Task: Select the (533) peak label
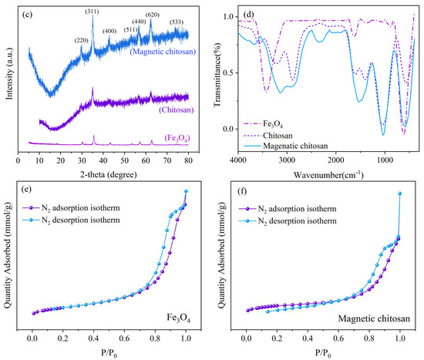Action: tap(177, 22)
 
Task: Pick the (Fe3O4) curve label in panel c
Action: tap(173, 136)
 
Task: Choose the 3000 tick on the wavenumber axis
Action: tap(286, 161)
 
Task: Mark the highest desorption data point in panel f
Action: tap(399, 193)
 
